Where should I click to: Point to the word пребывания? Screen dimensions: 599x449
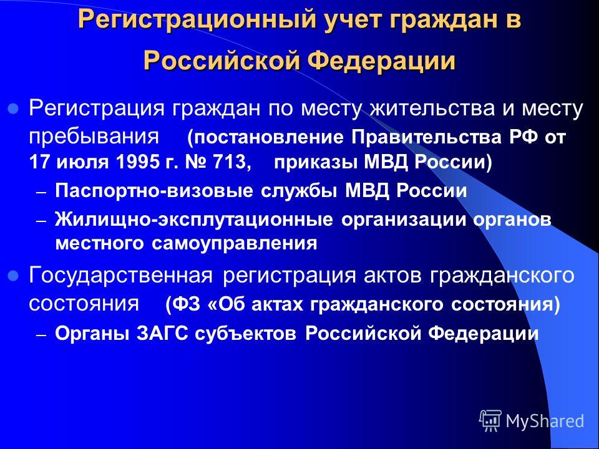pos(94,137)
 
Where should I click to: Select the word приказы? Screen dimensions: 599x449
pos(316,163)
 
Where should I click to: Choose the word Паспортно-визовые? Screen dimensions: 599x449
pos(153,191)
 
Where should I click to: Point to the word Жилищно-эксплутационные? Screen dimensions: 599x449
pos(193,220)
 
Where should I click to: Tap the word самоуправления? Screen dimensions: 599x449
pos(234,244)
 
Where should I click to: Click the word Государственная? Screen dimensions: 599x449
pos(120,275)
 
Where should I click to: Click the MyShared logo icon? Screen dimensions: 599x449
pos(491,421)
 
